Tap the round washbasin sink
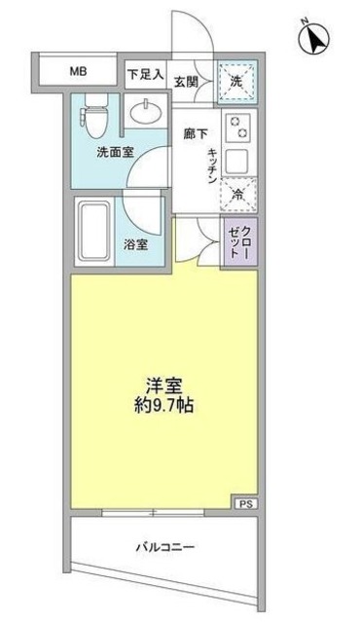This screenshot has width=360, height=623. coord(148,113)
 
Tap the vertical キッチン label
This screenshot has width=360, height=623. coord(211,164)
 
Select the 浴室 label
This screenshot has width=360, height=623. coord(136,244)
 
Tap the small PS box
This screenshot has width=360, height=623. coord(246,502)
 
